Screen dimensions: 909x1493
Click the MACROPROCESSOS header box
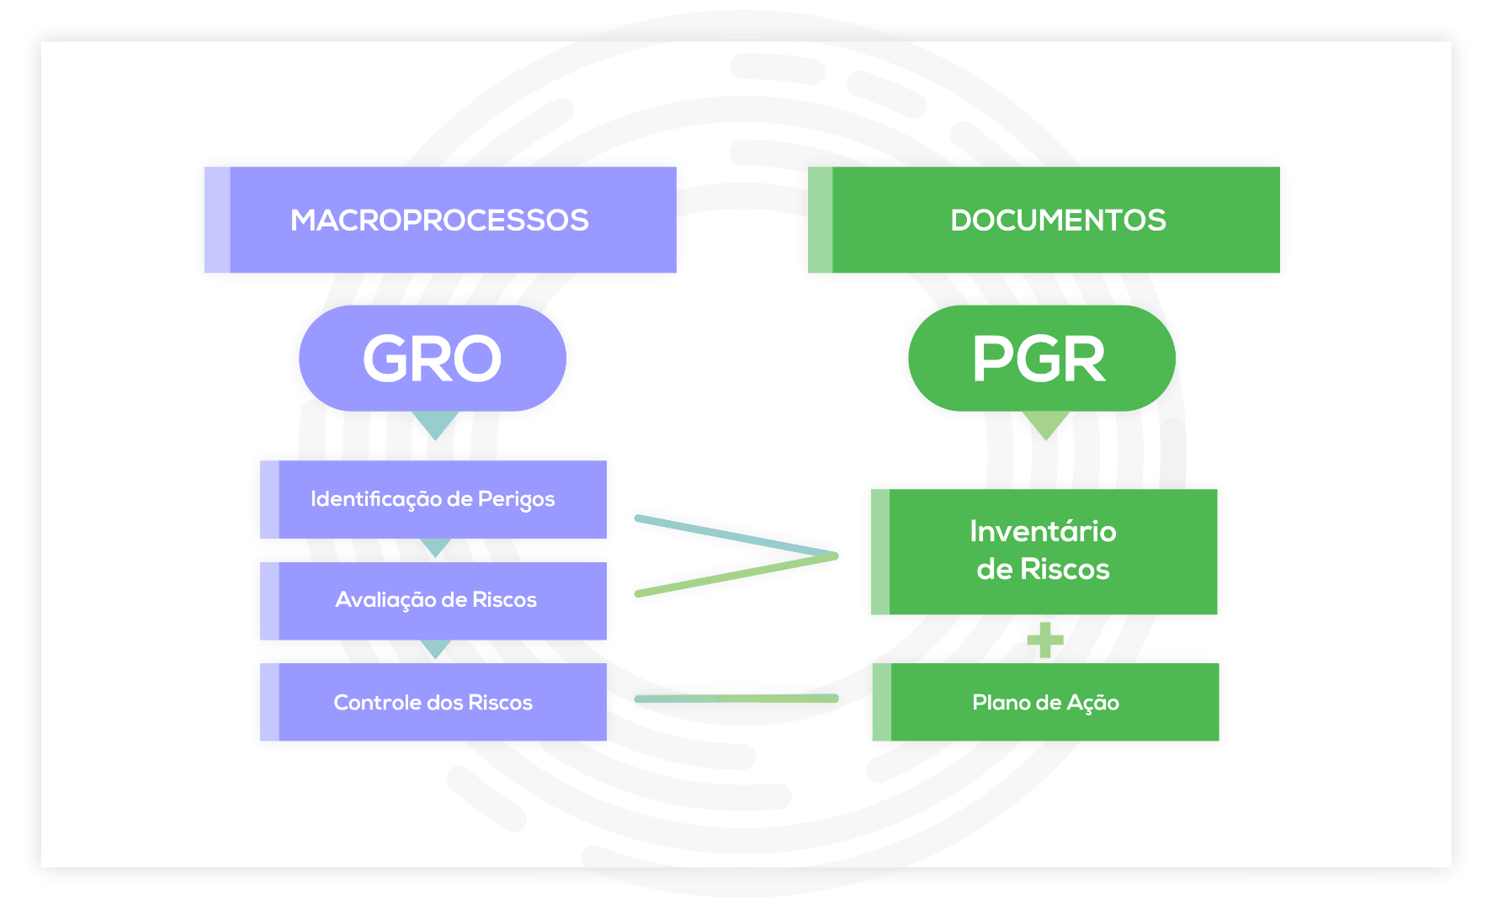(x=440, y=220)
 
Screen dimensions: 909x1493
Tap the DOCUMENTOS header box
(x=1044, y=220)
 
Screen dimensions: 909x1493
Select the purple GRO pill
(x=433, y=359)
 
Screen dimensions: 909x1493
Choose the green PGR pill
(x=1041, y=359)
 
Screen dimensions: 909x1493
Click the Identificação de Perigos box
(x=433, y=499)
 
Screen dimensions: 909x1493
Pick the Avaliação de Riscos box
(x=433, y=600)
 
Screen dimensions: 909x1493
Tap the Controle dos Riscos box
(x=433, y=702)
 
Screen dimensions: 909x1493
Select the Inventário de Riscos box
(x=1044, y=551)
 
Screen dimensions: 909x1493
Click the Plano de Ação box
(x=1045, y=702)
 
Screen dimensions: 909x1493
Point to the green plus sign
(x=1045, y=640)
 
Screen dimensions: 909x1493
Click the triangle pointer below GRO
(x=435, y=423)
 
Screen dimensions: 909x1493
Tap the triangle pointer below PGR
(x=1045, y=424)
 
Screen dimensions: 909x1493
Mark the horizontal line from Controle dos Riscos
(x=736, y=699)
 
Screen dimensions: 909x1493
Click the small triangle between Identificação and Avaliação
(x=435, y=547)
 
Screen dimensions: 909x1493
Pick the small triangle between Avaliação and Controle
(x=435, y=648)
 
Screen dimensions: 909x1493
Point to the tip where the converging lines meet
(x=834, y=555)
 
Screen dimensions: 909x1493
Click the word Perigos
(x=516, y=500)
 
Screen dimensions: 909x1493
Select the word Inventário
(x=1043, y=531)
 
